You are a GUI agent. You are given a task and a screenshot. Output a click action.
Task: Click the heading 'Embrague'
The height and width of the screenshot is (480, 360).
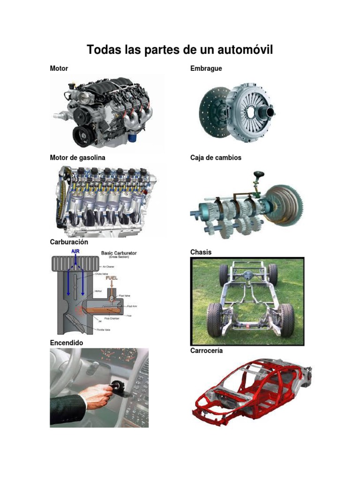[x=206, y=68]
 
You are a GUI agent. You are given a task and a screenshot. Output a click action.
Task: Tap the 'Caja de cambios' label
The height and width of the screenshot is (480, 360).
[x=216, y=157]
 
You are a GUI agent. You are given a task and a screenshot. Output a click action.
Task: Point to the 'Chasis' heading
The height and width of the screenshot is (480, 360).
[x=201, y=252]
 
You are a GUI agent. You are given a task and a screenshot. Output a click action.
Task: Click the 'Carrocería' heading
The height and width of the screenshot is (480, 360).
[x=206, y=351]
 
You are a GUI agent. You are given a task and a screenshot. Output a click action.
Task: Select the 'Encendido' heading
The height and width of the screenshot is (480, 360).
[x=67, y=343]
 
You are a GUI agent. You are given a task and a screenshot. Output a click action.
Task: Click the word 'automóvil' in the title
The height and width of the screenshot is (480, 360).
[x=240, y=50]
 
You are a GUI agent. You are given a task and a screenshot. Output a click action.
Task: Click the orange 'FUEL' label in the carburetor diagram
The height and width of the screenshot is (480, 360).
[x=112, y=277]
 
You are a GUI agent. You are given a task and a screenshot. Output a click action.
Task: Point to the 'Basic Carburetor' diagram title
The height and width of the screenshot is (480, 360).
[x=119, y=253]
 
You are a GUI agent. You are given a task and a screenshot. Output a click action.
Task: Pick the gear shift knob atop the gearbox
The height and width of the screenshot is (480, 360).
[x=257, y=175]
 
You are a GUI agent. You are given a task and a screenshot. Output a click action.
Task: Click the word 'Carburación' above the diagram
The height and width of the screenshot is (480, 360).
[x=69, y=242]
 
